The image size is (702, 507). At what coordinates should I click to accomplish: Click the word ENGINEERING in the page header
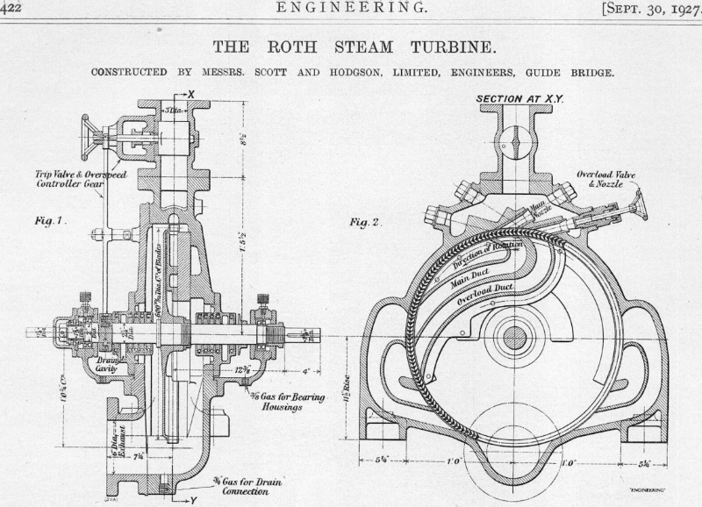(x=350, y=10)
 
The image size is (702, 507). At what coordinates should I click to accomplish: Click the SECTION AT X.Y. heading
(x=519, y=99)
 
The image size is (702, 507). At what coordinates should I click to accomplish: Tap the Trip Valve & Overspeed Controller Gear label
(x=65, y=179)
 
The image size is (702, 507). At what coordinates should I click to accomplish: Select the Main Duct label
(x=474, y=276)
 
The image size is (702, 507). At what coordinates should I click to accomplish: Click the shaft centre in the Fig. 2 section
(x=514, y=336)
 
